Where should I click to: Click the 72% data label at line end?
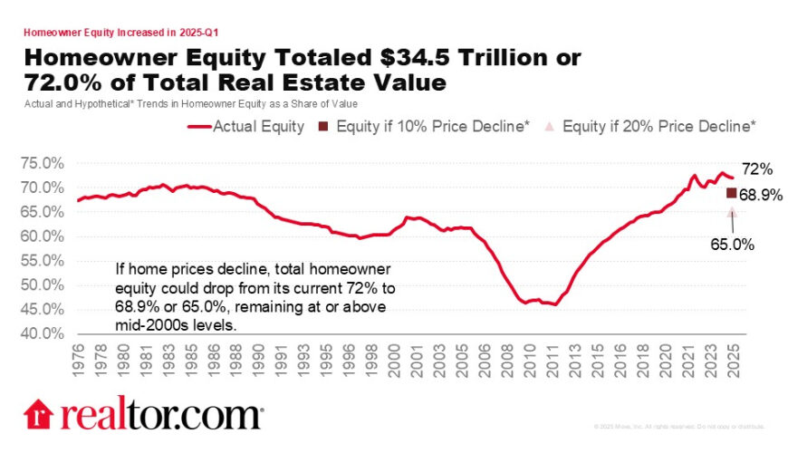click(x=756, y=170)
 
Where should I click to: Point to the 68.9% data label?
click(x=760, y=194)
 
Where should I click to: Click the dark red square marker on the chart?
click(x=732, y=193)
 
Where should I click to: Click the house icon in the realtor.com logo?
click(x=39, y=414)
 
